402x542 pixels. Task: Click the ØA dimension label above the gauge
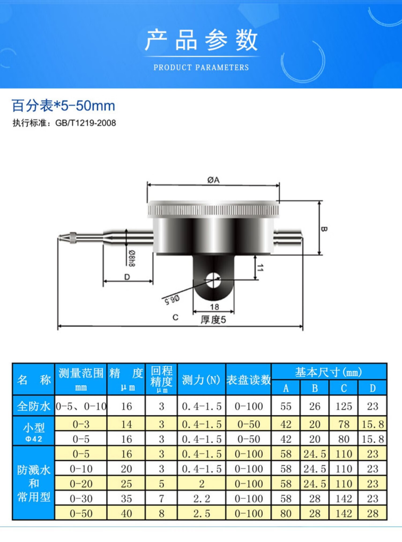pyautogui.click(x=213, y=180)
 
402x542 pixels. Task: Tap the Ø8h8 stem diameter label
pyautogui.click(x=132, y=258)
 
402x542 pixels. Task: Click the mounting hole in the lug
pyautogui.click(x=213, y=280)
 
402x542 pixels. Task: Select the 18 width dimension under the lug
pyautogui.click(x=214, y=307)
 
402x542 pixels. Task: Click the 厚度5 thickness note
pyautogui.click(x=213, y=320)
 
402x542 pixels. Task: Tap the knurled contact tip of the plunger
pyautogui.click(x=73, y=238)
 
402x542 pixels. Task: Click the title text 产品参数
pyautogui.click(x=201, y=40)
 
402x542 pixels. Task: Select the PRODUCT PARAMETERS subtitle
pyautogui.click(x=201, y=67)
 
